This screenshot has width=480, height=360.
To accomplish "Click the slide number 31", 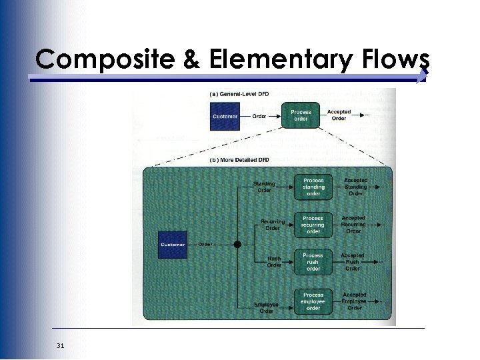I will coord(61,345).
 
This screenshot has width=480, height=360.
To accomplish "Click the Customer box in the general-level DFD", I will coord(225,117).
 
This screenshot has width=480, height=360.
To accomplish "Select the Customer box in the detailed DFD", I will coord(172,244).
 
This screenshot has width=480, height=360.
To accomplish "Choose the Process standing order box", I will coord(313,187).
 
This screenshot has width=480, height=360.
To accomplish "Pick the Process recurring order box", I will coord(313,225).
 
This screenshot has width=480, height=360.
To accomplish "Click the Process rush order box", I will coord(313,262).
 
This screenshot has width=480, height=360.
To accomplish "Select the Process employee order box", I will coord(313,301).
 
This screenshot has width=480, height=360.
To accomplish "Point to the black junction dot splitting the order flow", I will coord(237,245).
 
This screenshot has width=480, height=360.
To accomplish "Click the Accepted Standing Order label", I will coord(355,187).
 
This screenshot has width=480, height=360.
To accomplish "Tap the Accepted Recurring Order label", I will coord(353,224).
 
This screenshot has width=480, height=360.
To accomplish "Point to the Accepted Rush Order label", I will coord(353,262).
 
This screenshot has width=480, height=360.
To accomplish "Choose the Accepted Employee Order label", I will coord(355,301).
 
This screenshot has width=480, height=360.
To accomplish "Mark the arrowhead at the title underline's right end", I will coord(421,79).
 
